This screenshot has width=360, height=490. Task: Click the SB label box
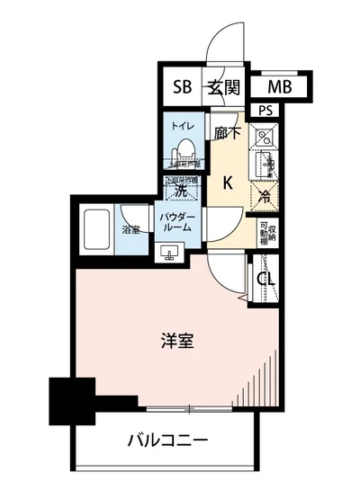click(x=183, y=88)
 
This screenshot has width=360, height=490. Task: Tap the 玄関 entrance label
click(x=223, y=88)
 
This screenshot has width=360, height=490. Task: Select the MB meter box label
click(x=280, y=88)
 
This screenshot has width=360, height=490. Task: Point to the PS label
click(x=265, y=110)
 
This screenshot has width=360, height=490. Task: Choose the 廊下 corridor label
click(x=228, y=132)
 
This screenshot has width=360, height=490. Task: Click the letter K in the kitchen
click(x=228, y=183)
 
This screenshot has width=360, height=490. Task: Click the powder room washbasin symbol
click(x=170, y=254)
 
